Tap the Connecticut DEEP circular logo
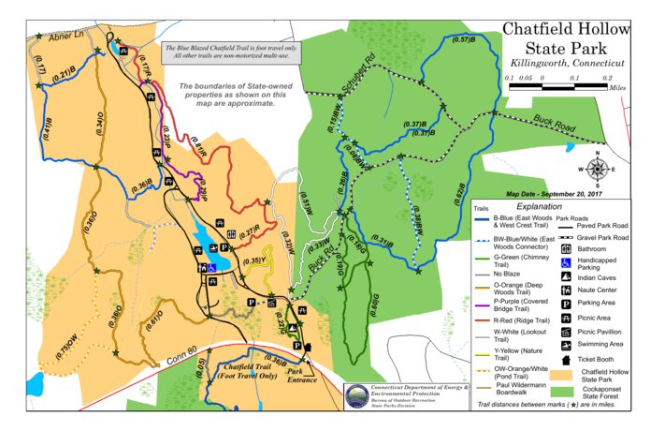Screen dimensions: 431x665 [x=356, y=397]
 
